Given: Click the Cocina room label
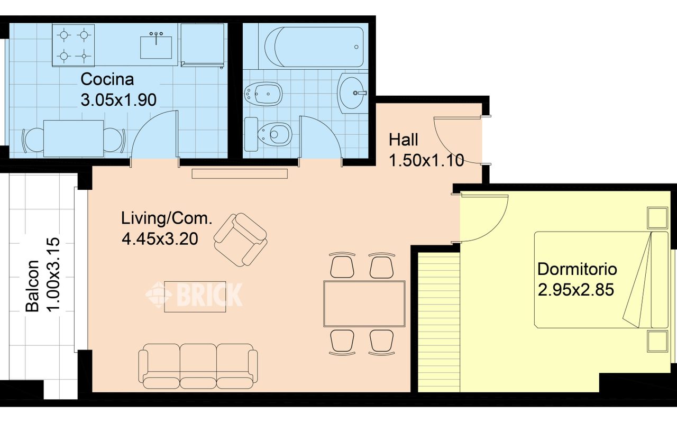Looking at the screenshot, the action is pyautogui.click(x=107, y=79).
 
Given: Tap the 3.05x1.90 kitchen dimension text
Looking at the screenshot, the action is pyautogui.click(x=118, y=100).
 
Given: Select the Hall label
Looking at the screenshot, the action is pyautogui.click(x=403, y=140).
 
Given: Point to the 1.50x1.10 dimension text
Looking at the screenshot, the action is pyautogui.click(x=426, y=160).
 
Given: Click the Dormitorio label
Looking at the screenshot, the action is pyautogui.click(x=577, y=269).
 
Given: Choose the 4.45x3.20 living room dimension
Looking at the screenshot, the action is pyautogui.click(x=160, y=238).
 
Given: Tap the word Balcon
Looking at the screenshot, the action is pyautogui.click(x=32, y=286).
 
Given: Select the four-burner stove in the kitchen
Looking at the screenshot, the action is pyautogui.click(x=74, y=45).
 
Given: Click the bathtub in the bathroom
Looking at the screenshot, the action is pyautogui.click(x=314, y=47).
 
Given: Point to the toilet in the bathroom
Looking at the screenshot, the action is pyautogui.click(x=268, y=134).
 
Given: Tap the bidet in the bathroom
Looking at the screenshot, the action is pyautogui.click(x=263, y=94).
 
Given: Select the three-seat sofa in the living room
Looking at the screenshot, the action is pyautogui.click(x=198, y=366).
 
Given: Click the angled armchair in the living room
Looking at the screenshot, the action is pyautogui.click(x=240, y=240).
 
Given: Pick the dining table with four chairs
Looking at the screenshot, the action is pyautogui.click(x=364, y=304).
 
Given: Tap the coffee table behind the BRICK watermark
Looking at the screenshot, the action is pyautogui.click(x=195, y=297).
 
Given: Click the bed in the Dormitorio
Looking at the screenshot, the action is pyautogui.click(x=601, y=280).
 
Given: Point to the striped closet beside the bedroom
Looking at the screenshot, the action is pyautogui.click(x=439, y=323).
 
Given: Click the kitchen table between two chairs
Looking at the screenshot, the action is pyautogui.click(x=74, y=139).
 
